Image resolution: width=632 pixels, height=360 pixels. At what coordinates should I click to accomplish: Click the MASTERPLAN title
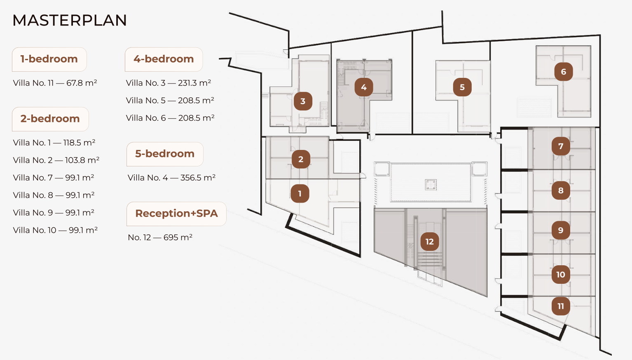(x=69, y=20)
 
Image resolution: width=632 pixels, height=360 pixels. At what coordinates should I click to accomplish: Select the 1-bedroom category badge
(x=49, y=59)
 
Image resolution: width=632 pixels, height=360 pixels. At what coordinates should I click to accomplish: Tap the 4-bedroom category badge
(x=164, y=59)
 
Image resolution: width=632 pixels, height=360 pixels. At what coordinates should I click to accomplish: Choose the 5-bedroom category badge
(x=165, y=154)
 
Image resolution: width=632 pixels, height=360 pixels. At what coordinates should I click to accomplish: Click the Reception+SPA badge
(x=176, y=214)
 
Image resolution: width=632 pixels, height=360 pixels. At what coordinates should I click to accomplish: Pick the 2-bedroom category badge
(x=50, y=119)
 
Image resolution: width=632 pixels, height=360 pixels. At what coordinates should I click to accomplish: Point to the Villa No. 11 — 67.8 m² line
(x=55, y=83)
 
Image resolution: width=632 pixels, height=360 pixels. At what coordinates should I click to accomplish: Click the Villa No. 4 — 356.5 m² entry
(x=171, y=178)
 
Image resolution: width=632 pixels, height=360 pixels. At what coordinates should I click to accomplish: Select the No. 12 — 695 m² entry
(x=160, y=238)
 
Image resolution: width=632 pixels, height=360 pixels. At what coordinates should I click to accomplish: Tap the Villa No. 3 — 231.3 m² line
(x=169, y=83)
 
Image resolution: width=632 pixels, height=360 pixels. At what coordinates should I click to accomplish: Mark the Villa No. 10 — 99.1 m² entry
(x=55, y=230)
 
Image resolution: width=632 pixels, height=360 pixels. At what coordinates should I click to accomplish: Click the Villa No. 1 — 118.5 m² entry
(x=54, y=143)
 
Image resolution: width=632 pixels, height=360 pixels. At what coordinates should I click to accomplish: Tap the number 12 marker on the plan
(x=429, y=241)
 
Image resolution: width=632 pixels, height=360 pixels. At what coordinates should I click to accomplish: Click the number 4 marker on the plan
(x=364, y=87)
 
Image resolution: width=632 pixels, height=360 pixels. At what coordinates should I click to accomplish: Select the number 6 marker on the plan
(x=564, y=72)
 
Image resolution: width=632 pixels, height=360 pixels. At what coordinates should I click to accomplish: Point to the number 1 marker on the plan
(x=300, y=194)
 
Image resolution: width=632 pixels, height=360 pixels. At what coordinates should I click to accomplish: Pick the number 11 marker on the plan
(x=561, y=306)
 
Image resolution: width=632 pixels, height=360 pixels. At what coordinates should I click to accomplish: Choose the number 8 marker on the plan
(x=561, y=190)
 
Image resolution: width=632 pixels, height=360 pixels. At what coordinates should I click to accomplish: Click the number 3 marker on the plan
(x=303, y=101)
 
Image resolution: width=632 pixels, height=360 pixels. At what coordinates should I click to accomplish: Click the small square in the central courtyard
(x=431, y=185)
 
